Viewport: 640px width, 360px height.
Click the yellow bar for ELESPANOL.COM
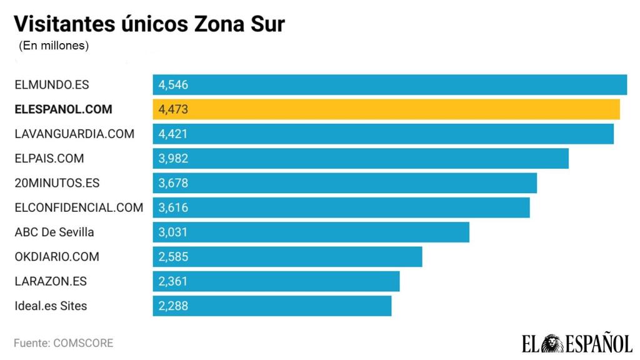[386, 109]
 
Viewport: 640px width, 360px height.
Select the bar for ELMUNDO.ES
[390, 84]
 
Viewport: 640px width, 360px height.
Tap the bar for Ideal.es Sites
[272, 306]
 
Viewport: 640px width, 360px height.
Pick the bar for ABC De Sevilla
[311, 232]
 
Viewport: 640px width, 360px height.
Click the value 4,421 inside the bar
[173, 134]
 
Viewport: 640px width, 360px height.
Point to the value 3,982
[173, 159]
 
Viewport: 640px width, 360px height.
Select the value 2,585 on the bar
[173, 257]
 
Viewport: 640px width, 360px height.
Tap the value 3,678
[173, 183]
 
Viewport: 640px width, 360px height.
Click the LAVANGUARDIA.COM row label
[74, 134]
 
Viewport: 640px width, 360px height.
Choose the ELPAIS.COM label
[49, 159]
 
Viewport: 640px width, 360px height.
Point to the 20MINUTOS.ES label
[57, 183]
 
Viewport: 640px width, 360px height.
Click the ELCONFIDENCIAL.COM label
[79, 207]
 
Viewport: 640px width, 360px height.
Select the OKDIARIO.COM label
[57, 257]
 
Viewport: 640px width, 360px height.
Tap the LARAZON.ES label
[51, 281]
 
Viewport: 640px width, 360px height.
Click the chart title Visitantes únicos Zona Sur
[149, 24]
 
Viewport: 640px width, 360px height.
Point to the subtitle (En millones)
[54, 46]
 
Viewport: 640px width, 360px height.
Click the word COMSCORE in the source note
[83, 343]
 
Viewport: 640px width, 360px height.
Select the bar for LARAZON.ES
[276, 281]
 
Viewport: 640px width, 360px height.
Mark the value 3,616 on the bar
[173, 207]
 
